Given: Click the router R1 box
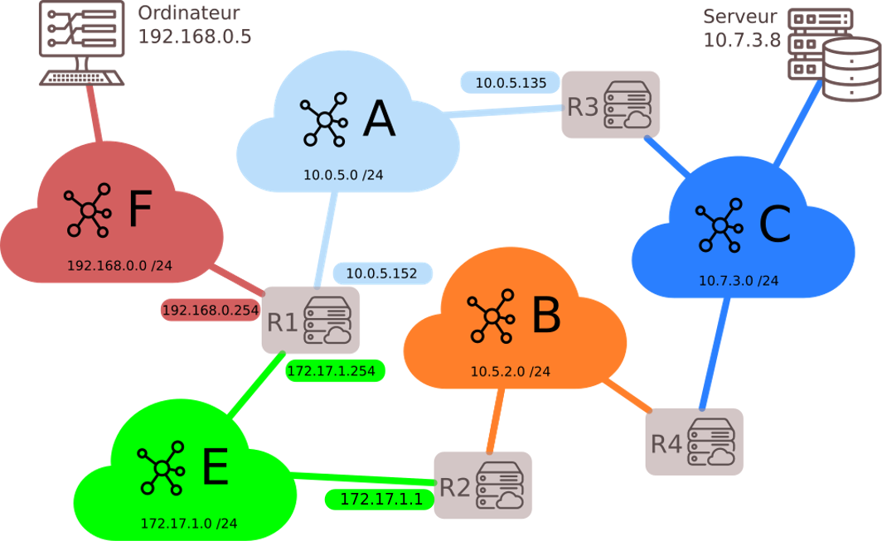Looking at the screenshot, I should (x=311, y=321).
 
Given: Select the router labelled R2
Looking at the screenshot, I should (x=482, y=485).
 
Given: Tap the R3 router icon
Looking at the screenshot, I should (x=611, y=105).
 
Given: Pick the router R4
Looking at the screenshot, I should (x=694, y=442).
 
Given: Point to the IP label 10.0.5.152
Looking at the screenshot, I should (x=382, y=273).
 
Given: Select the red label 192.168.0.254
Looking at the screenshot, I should (x=210, y=310).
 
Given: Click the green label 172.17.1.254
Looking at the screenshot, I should (x=335, y=370).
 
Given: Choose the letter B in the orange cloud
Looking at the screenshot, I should (x=545, y=315).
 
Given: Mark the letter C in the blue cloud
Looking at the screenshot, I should (x=774, y=224).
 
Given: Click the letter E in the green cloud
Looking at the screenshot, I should (x=215, y=467).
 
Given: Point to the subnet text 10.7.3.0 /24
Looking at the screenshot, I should (x=739, y=281).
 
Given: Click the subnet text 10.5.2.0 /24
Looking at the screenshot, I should (x=510, y=371).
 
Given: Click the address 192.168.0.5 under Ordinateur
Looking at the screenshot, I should (x=194, y=36).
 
